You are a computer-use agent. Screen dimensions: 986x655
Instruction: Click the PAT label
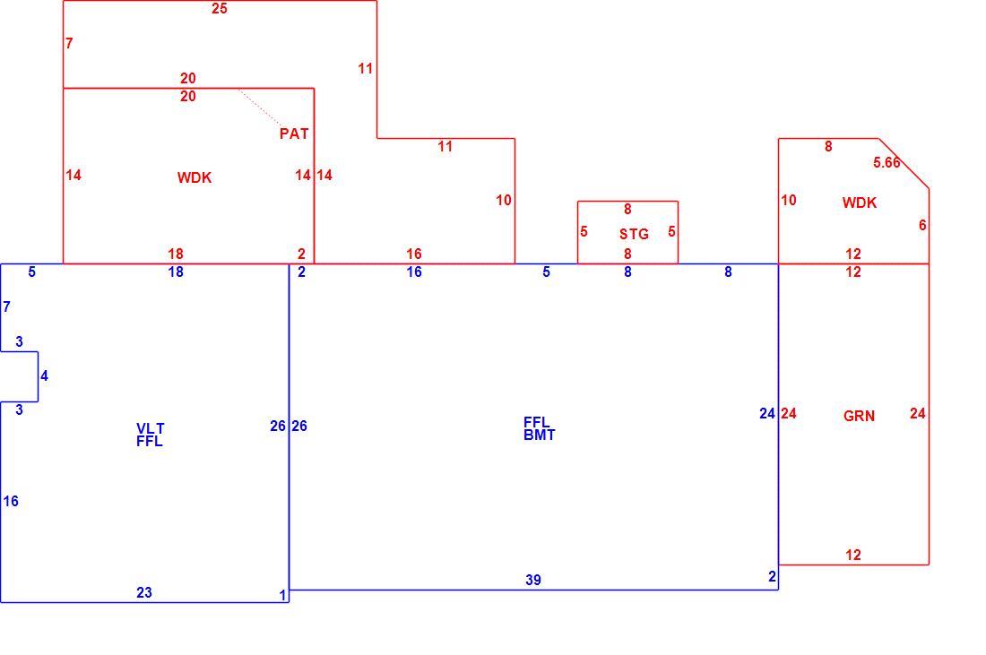(x=294, y=134)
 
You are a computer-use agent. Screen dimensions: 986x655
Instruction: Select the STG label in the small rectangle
(x=633, y=235)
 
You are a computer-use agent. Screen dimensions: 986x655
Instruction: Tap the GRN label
(x=859, y=416)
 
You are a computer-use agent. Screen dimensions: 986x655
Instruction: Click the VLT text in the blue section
(x=151, y=428)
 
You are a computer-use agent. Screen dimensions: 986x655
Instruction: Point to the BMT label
(x=539, y=435)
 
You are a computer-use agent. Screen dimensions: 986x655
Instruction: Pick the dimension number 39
(x=532, y=581)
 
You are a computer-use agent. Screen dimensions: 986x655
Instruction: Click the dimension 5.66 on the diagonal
(x=887, y=163)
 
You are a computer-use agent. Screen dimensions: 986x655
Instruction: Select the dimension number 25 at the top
(x=219, y=9)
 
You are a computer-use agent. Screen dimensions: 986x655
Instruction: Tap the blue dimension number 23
(x=144, y=593)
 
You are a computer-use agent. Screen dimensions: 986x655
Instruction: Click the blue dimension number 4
(x=44, y=376)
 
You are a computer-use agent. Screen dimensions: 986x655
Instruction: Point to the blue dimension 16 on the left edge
(x=11, y=502)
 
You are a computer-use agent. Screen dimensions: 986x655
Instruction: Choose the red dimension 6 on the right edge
(x=922, y=225)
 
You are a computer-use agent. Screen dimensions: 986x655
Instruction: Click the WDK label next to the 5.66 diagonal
(x=859, y=203)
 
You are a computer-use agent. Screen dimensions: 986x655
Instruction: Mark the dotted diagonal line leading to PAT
(x=260, y=108)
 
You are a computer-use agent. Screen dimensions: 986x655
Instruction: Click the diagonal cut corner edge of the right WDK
(x=904, y=163)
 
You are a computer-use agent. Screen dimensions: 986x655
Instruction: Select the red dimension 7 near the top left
(x=69, y=43)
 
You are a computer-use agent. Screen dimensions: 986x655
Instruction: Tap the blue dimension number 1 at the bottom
(x=283, y=595)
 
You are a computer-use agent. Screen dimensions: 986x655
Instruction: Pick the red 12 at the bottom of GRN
(x=852, y=555)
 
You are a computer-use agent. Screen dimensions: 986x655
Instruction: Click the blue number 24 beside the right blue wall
(x=766, y=414)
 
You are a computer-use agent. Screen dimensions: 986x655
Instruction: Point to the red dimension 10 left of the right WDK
(x=789, y=201)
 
